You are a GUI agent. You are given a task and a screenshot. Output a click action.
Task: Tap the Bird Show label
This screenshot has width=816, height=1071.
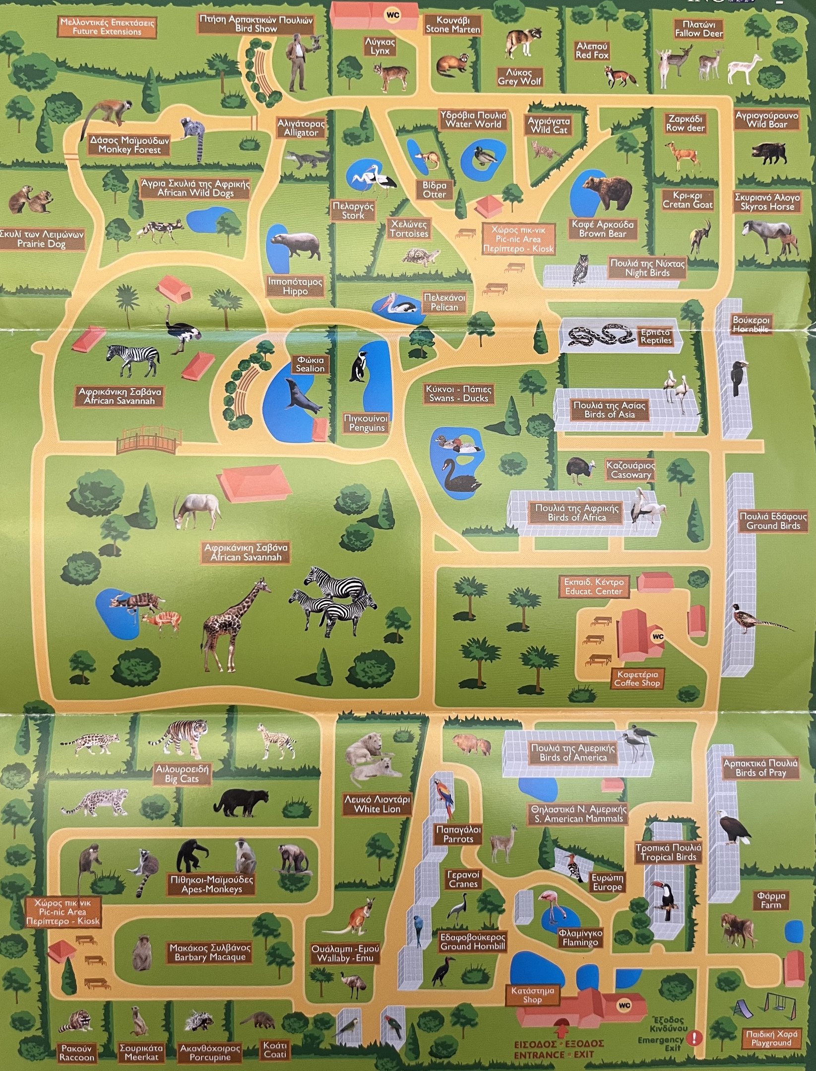(x=256, y=24)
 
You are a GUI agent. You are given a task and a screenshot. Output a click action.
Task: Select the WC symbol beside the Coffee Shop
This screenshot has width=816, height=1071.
(x=658, y=636)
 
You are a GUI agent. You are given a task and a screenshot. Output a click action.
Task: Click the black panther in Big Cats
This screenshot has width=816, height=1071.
(x=241, y=802)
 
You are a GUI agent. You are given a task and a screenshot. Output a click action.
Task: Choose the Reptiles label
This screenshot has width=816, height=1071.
(x=655, y=336)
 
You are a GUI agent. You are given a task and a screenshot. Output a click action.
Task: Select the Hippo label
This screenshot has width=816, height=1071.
(x=295, y=287)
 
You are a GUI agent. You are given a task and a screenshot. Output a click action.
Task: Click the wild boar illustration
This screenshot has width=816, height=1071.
(x=768, y=152)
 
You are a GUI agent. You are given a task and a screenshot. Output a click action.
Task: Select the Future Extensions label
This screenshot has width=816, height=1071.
(x=107, y=27)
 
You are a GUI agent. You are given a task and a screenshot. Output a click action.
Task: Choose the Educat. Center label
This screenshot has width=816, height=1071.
(x=593, y=587)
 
